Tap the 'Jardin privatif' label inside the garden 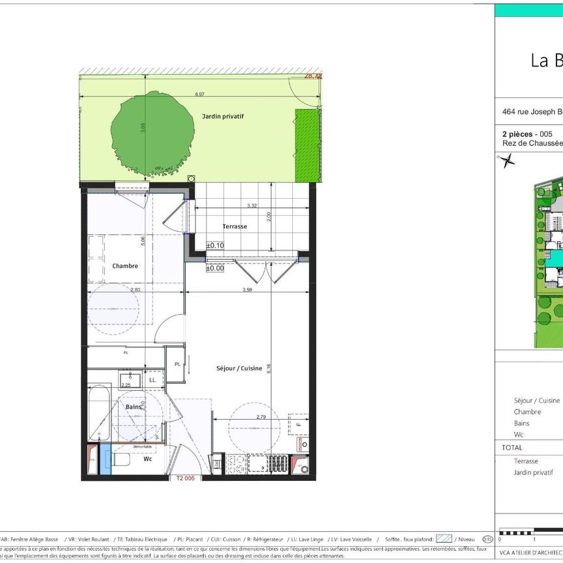(222, 116)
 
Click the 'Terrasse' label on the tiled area (235, 226)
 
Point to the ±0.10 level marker (215, 245)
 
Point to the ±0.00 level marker (215, 268)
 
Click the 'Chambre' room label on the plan (125, 266)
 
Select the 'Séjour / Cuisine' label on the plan (239, 368)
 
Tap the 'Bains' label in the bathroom (135, 406)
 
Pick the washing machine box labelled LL (152, 379)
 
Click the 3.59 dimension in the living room (248, 290)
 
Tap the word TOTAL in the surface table (512, 448)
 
